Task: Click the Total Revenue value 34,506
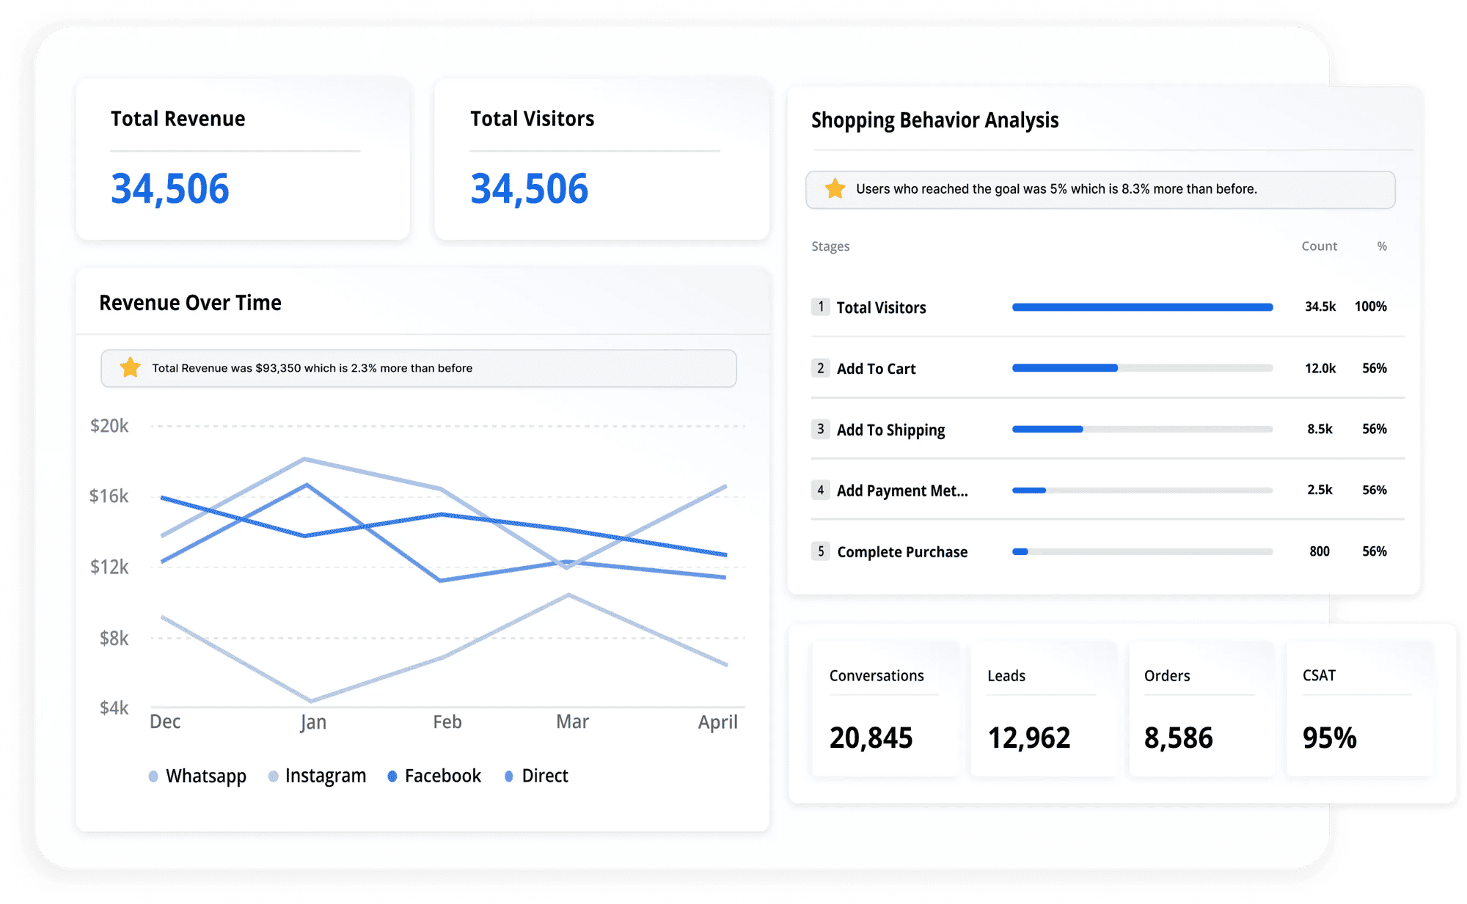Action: [x=169, y=188]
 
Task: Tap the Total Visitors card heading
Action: [x=532, y=119]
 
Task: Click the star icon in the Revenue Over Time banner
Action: [x=131, y=367]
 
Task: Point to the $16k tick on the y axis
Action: [x=109, y=496]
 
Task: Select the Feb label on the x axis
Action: [x=447, y=722]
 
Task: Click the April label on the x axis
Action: [x=717, y=722]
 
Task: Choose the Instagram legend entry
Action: [x=325, y=776]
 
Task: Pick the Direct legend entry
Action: [x=544, y=776]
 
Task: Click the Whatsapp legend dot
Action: [x=153, y=776]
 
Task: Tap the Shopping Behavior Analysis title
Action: [x=934, y=120]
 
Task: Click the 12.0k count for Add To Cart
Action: [x=1320, y=368]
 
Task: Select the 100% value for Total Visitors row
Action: [x=1370, y=306]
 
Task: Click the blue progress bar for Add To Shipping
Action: [x=1047, y=429]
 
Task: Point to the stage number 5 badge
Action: [x=820, y=551]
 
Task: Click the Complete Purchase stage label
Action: [x=901, y=552]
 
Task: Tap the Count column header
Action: [x=1319, y=246]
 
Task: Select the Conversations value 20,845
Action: [x=871, y=738]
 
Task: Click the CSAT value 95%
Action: [x=1329, y=738]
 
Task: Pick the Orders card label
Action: [x=1166, y=676]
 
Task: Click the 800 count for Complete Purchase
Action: [x=1319, y=551]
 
